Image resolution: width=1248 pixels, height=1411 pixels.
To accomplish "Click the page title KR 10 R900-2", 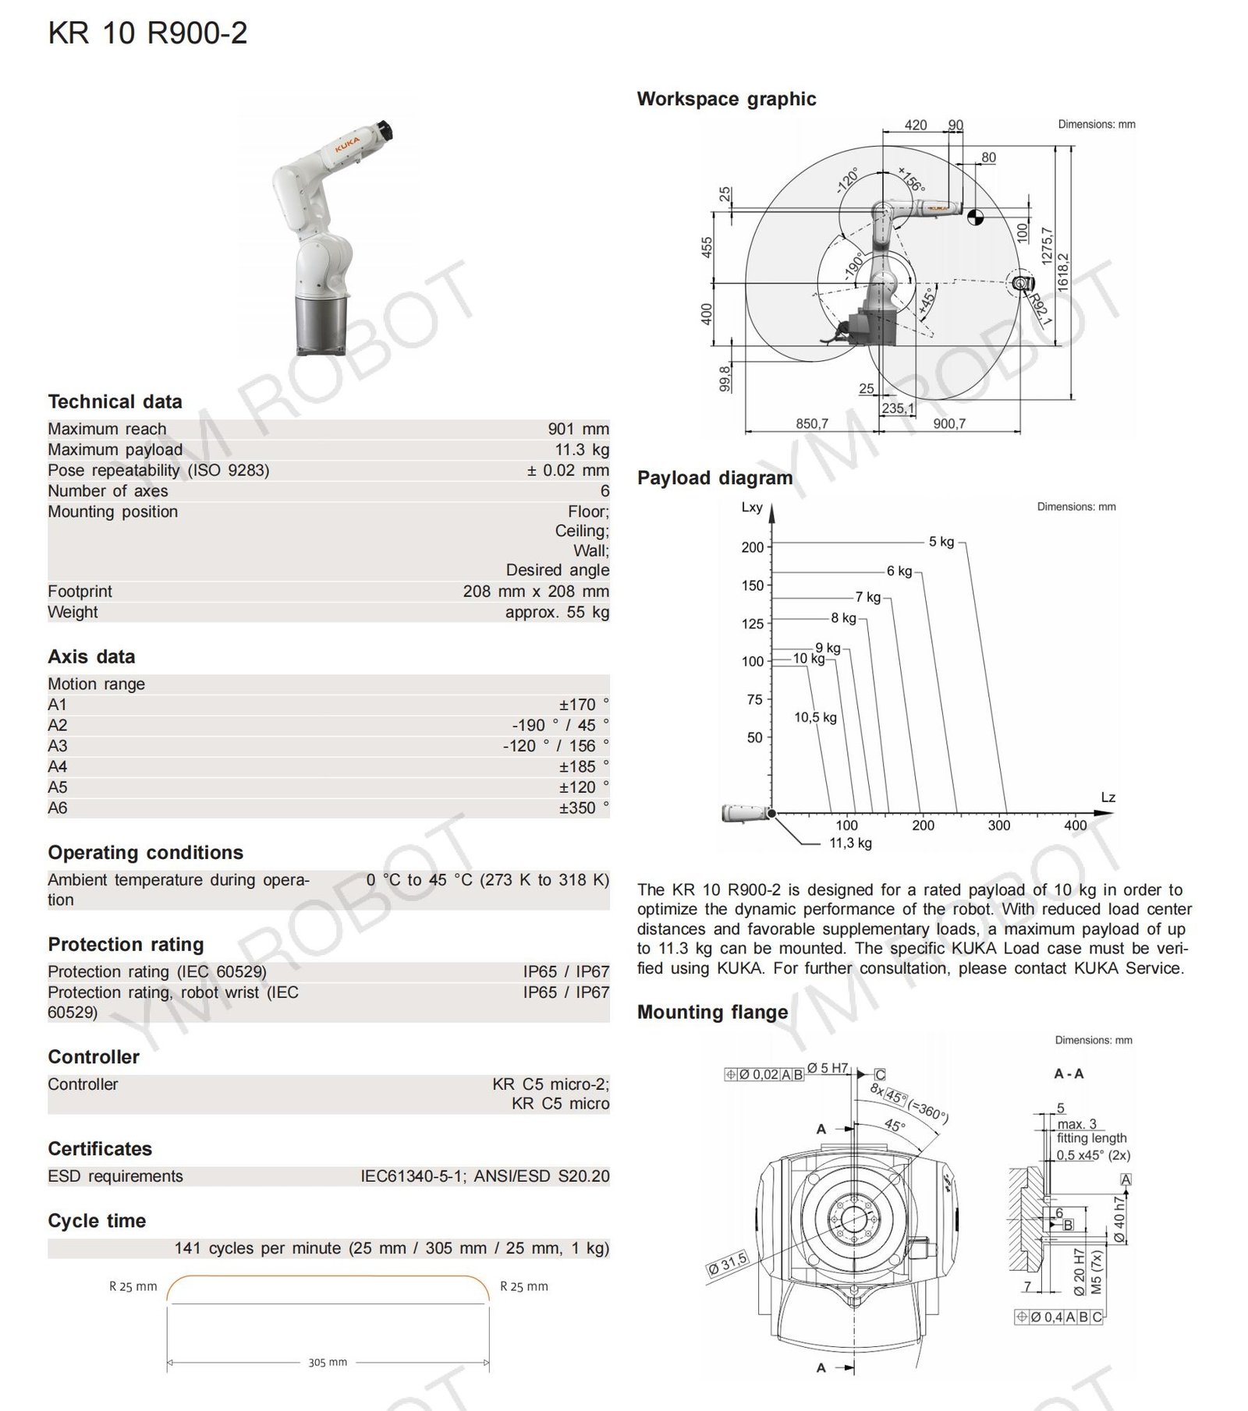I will [147, 34].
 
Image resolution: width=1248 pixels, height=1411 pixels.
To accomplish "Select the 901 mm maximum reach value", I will [578, 429].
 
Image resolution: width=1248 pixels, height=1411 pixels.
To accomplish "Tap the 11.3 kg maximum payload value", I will [582, 450].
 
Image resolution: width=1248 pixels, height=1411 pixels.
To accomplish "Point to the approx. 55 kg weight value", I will [557, 612].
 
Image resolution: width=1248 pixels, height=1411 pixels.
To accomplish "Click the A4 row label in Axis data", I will [58, 766].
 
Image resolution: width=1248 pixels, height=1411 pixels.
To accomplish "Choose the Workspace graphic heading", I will [726, 99].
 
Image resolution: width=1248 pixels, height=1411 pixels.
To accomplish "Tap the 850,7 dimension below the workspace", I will [811, 423].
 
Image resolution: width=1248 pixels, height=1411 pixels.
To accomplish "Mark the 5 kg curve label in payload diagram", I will [941, 541].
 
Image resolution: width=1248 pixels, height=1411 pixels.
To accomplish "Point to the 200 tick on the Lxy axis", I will [752, 547].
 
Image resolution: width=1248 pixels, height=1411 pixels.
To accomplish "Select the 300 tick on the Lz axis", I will [998, 825].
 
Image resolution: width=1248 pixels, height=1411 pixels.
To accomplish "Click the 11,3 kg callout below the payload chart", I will [850, 843].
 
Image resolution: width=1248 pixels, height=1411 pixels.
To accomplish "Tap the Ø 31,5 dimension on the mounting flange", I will [727, 1262].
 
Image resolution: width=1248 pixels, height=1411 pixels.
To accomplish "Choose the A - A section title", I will [1069, 1073].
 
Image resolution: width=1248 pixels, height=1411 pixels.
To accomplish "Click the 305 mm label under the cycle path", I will [328, 1362].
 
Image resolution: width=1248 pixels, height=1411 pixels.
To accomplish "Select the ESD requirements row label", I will [115, 1176].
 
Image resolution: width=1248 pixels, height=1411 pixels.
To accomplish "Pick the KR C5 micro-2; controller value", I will [550, 1084].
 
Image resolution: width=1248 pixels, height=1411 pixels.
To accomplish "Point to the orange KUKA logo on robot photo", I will [347, 145].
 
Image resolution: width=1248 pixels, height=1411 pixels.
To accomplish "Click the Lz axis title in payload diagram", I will [1108, 797].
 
